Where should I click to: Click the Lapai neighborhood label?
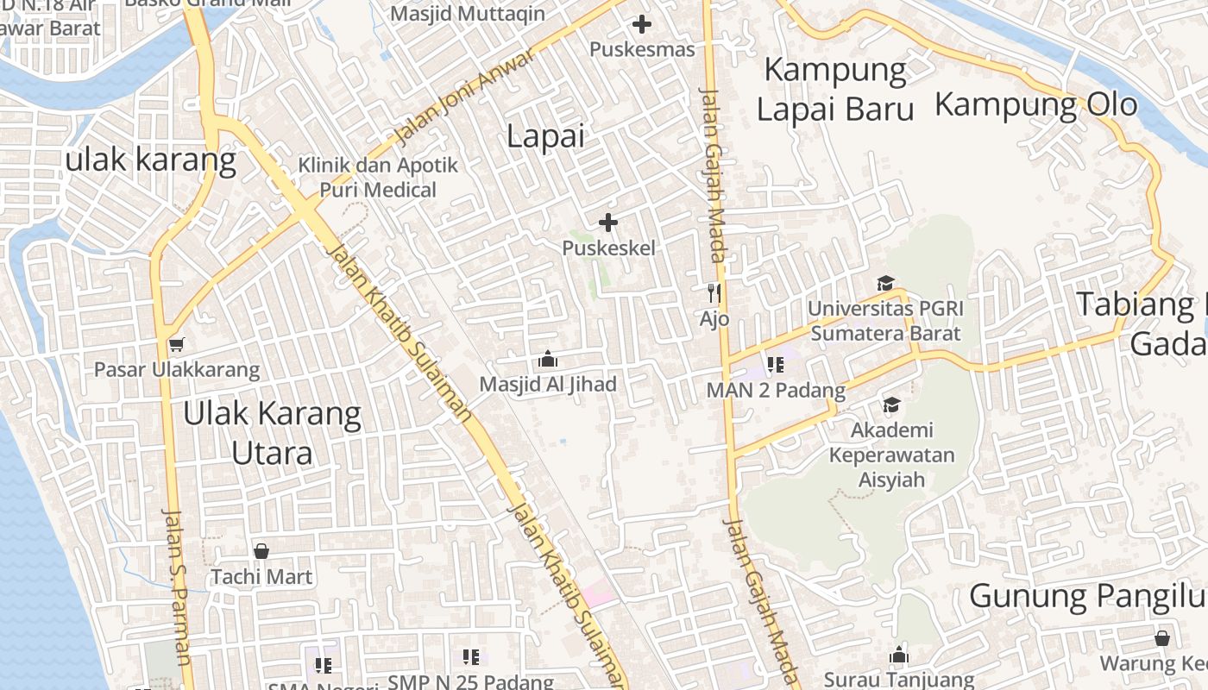click(x=545, y=136)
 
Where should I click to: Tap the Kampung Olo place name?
click(x=1035, y=104)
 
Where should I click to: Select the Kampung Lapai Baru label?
click(x=835, y=90)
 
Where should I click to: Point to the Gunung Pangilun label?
click(x=1086, y=595)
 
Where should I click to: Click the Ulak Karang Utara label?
click(x=272, y=433)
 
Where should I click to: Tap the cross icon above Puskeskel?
click(x=608, y=223)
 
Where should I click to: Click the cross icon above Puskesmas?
click(x=642, y=24)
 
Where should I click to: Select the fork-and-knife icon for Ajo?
click(x=714, y=293)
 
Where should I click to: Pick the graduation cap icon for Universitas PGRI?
click(x=885, y=283)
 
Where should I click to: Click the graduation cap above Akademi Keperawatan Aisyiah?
click(x=891, y=405)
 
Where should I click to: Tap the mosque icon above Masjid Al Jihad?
click(x=547, y=359)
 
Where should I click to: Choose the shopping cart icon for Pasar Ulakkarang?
click(x=176, y=344)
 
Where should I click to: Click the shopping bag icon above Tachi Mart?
click(x=261, y=550)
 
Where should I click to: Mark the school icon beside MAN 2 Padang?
click(x=775, y=365)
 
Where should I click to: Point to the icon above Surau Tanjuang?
click(x=899, y=655)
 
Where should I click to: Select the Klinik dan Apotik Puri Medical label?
click(x=378, y=177)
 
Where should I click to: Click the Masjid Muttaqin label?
click(x=468, y=14)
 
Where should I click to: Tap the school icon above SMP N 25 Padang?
click(x=470, y=657)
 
